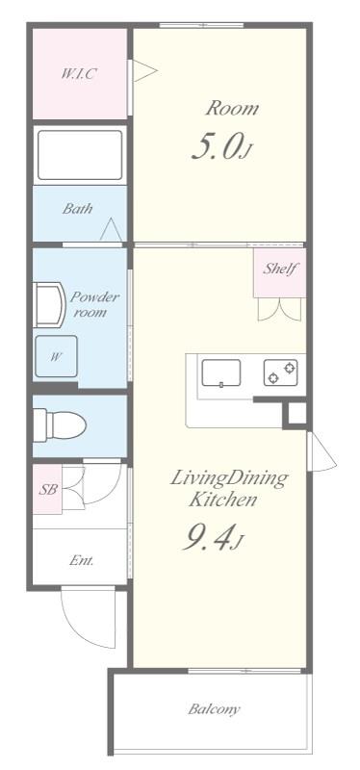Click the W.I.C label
[79, 74]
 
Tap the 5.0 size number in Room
[217, 146]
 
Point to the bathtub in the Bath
[80, 155]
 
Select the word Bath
[78, 209]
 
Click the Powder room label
[94, 304]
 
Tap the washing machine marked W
[57, 356]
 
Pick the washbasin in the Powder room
[49, 304]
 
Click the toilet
[60, 424]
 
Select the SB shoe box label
[47, 489]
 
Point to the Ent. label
[82, 560]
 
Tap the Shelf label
[280, 269]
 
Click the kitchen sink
[221, 373]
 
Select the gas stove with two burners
[281, 372]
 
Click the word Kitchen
[223, 500]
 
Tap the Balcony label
[215, 709]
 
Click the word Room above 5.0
[231, 108]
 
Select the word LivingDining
[228, 478]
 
